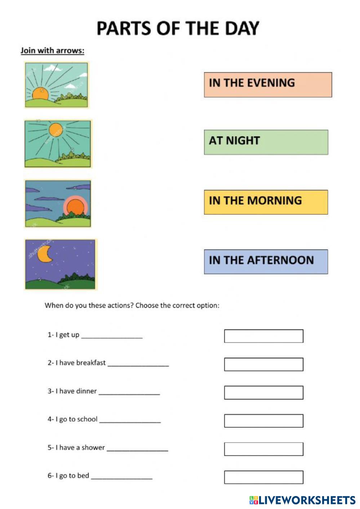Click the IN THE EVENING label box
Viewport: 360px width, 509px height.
[268, 85]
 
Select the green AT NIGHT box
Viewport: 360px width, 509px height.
[266, 142]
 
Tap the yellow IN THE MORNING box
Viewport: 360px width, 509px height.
[266, 202]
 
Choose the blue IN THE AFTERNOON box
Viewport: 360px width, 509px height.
[266, 262]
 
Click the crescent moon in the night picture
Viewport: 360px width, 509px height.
[45, 254]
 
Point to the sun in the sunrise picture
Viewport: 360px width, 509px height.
[40, 93]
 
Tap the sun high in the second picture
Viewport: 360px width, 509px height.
[55, 130]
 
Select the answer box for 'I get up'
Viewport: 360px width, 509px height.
[263, 336]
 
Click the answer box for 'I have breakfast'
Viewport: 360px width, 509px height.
[263, 364]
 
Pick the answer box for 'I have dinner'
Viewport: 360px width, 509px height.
[263, 393]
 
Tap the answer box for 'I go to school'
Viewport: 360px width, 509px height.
[263, 421]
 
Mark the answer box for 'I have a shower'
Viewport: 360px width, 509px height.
[263, 449]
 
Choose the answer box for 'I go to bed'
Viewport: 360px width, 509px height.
[263, 477]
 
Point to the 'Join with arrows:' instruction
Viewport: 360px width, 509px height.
[52, 50]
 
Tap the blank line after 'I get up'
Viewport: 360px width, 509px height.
[112, 336]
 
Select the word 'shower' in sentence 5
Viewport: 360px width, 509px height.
[93, 447]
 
